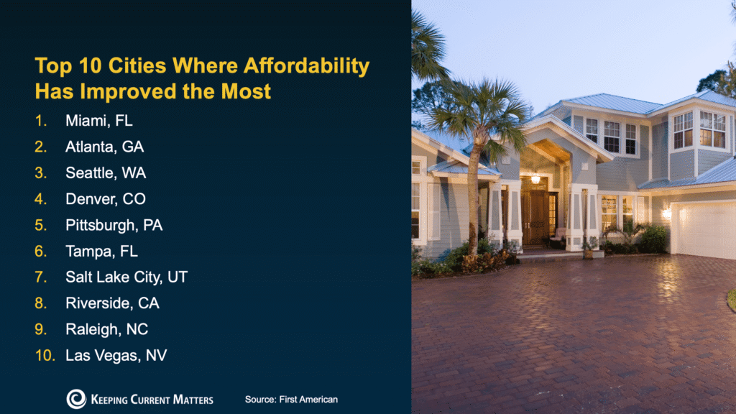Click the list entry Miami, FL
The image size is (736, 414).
(x=99, y=121)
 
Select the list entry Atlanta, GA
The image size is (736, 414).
(x=104, y=147)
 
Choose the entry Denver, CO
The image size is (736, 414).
(x=106, y=198)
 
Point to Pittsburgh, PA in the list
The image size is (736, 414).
(x=114, y=225)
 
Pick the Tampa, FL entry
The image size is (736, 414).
(x=101, y=251)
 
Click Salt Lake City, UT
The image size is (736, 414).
(x=126, y=277)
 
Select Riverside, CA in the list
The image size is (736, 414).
(x=112, y=303)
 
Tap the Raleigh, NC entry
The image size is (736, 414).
(x=106, y=329)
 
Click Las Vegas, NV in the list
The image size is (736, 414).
(x=116, y=355)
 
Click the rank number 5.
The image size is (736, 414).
(x=41, y=225)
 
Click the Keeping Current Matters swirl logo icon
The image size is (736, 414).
(x=76, y=399)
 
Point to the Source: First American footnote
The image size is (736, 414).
(x=291, y=399)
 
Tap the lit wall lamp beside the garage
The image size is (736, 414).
(x=666, y=213)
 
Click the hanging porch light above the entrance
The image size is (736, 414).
(x=535, y=177)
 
